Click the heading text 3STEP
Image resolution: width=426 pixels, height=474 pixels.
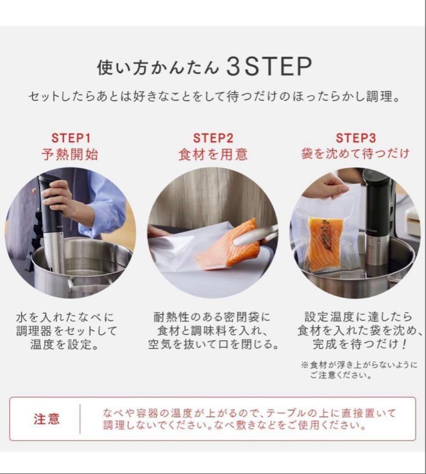click(269, 67)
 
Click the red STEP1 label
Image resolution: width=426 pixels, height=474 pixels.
click(71, 138)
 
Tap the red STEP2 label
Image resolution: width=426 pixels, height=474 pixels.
click(213, 138)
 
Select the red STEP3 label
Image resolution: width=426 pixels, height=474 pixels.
click(356, 138)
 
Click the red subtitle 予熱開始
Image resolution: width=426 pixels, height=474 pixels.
click(71, 154)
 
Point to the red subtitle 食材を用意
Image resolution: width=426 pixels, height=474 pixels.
click(213, 154)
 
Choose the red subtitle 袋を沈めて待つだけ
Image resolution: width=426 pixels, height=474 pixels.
click(355, 154)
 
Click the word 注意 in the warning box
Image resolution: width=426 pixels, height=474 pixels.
click(47, 419)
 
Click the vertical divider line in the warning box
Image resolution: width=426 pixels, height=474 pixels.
click(80, 419)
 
